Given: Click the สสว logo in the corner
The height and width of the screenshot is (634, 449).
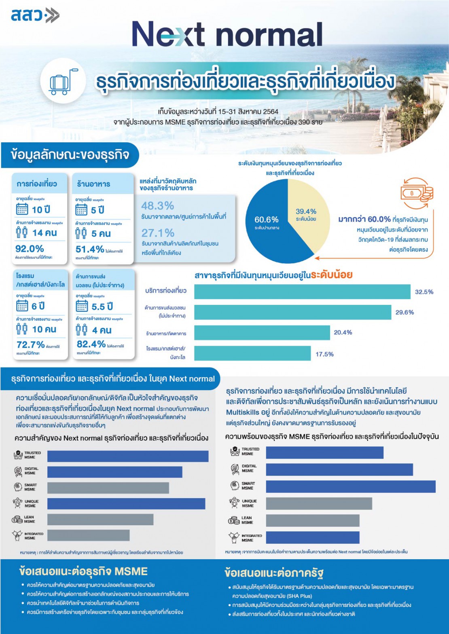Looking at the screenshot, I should coord(35,15).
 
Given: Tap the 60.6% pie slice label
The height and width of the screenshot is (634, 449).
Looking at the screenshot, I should coord(266,220).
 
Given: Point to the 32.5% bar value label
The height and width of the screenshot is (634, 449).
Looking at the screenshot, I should coord(424,292).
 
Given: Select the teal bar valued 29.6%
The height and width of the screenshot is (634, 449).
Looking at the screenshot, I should coord(292,312).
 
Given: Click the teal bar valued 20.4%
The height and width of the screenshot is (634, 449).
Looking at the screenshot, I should coord(262,333).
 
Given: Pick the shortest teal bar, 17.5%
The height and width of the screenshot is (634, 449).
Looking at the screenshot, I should coord(252,353).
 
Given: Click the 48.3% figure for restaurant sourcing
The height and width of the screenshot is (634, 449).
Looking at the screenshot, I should coord(157,205).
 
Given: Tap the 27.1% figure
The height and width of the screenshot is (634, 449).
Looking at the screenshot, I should coord(158,233).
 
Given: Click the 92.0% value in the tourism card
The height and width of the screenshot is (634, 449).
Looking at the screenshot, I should coord(30,249).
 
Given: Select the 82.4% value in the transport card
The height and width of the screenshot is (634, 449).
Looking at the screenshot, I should coord(91,344).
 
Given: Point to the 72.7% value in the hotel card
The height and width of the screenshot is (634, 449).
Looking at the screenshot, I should coord(30,344).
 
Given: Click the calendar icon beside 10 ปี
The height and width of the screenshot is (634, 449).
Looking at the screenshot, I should coord(22,209).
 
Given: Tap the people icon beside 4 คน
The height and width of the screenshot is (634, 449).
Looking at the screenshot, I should coord(81,330).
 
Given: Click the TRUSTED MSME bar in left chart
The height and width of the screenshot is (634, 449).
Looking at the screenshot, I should coord(128,456).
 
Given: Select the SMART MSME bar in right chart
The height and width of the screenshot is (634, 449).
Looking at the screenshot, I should coord(350,486).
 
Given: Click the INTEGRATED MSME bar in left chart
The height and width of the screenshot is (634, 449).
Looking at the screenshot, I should coord(88,535).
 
